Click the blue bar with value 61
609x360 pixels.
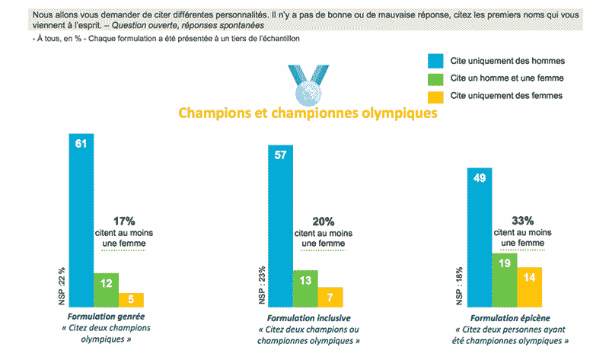coord(81,220)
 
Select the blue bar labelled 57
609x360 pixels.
coord(280,225)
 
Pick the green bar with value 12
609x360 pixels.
coord(106,290)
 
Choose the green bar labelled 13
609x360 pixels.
coord(305,288)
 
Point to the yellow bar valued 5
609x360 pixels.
coord(131,300)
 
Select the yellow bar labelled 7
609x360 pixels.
coord(330,297)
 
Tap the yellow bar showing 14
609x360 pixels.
coord(529,287)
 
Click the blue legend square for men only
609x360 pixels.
coord(435,61)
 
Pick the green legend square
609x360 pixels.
coord(435,78)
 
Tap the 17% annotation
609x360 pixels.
coord(124,221)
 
